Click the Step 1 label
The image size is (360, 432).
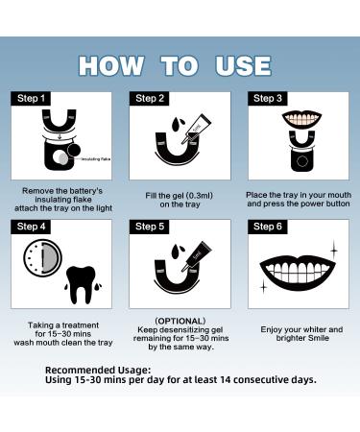30,98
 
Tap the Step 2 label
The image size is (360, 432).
151,98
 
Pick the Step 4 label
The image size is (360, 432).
30,227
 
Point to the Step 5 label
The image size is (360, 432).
151,227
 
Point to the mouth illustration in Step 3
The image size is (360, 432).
298,126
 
